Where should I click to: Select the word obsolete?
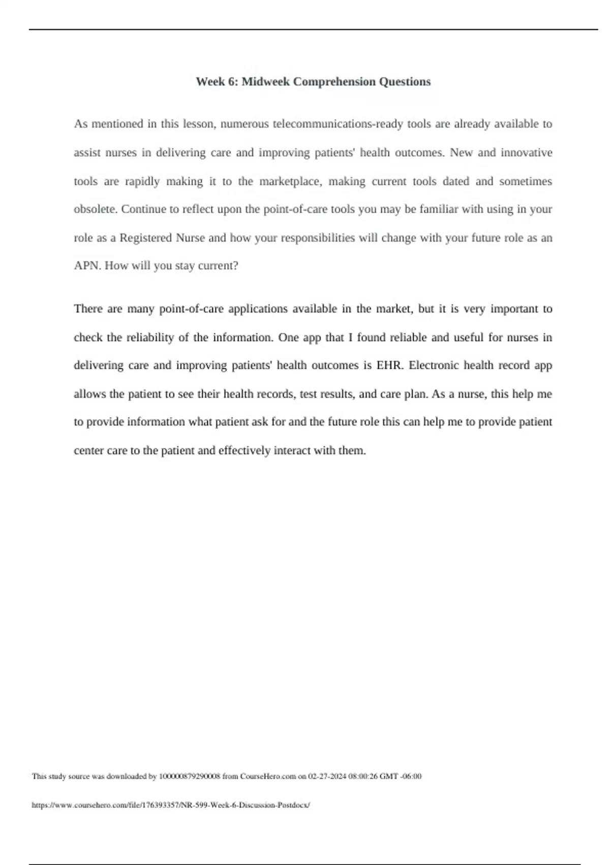tap(95, 209)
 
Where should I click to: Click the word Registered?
tap(146, 238)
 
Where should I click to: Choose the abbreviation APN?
tap(87, 266)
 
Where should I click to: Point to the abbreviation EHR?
tap(389, 365)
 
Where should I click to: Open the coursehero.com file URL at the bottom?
tap(171, 805)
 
